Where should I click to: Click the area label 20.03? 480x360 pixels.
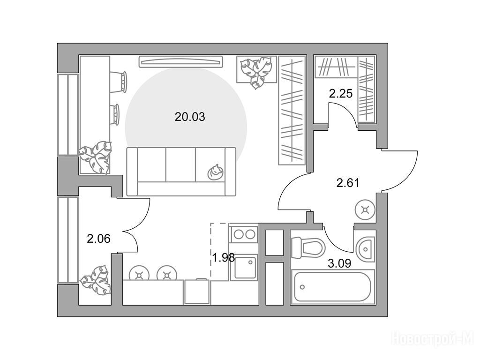coord(189,117)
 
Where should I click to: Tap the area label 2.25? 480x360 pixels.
coord(341,93)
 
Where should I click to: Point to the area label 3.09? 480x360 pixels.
coord(339,263)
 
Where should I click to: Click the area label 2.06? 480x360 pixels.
coord(98,239)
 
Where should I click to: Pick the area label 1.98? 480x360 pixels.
coord(224,258)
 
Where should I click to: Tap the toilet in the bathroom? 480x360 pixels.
coord(307,247)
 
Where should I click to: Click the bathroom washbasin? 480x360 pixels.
coord(366,249)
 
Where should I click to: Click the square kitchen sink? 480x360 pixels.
coord(244,267)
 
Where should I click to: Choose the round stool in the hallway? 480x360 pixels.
coord(365,210)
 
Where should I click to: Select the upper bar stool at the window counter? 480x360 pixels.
coord(118,82)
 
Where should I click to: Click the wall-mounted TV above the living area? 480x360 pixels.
coord(181,61)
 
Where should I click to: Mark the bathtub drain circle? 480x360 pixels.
coord(302,287)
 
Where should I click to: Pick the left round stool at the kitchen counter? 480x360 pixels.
coord(140,275)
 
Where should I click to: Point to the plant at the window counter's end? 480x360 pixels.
coord(95,157)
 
